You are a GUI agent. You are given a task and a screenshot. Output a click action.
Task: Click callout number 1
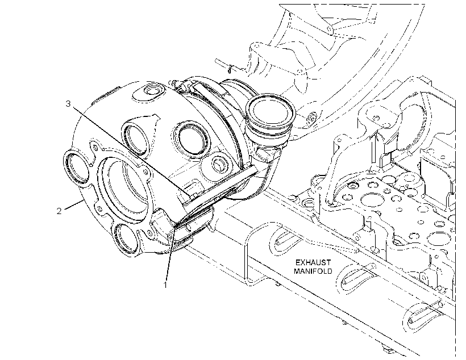[165, 285]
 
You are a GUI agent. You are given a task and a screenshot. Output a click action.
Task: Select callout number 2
[59, 211]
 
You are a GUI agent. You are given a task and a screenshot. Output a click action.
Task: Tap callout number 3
[68, 104]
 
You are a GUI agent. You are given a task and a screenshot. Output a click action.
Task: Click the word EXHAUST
[313, 262]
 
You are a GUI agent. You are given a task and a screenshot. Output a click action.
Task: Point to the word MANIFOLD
[313, 271]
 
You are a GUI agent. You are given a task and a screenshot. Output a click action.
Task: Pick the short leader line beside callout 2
[73, 205]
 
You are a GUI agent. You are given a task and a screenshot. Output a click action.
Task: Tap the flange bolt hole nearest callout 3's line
[145, 172]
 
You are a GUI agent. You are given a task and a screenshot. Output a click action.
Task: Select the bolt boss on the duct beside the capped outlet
[312, 118]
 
